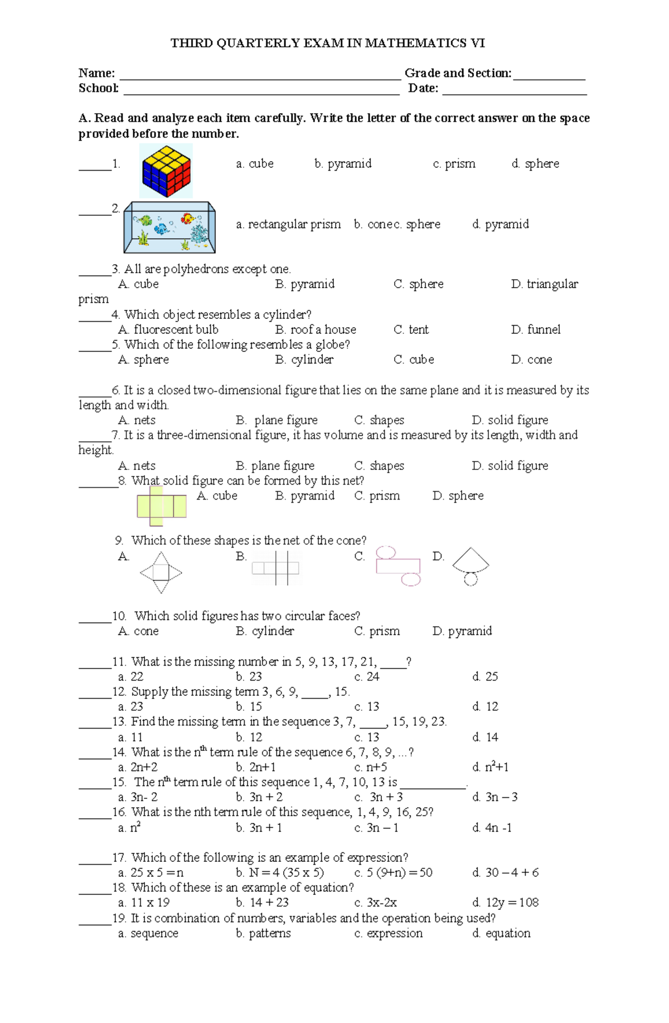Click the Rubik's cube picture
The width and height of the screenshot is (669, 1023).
coord(166,171)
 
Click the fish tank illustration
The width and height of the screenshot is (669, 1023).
coord(169,227)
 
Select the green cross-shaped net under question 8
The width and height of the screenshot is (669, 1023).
coord(161,506)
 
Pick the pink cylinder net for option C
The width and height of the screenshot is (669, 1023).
coord(398,566)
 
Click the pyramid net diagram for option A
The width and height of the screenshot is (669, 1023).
coord(161,573)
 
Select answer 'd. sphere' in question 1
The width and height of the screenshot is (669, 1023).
coord(535,163)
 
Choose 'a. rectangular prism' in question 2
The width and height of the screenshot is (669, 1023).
coord(288,224)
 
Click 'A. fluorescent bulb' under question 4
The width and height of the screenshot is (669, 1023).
coord(168,329)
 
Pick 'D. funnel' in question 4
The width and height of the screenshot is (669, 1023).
coord(536,329)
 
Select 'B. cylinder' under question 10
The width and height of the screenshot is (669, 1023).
coord(265,631)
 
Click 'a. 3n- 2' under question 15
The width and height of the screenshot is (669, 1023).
coord(138,797)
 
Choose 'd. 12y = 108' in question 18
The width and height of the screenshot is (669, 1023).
coord(505,903)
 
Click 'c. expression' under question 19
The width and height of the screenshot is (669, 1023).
coord(389,933)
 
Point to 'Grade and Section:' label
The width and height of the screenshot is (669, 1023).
coord(458,73)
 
